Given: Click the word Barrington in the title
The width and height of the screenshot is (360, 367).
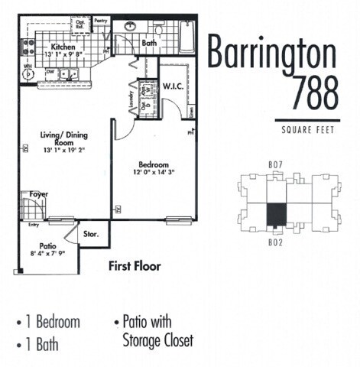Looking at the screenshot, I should point(273,55).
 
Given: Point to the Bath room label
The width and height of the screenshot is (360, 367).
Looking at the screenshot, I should point(149,44).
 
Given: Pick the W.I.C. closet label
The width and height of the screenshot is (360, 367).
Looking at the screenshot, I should point(171,88).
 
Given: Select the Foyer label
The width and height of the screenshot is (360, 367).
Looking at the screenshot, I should point(39,194).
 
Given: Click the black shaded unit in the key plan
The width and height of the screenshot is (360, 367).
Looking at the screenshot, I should point(276,213).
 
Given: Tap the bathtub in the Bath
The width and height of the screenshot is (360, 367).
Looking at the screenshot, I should point(186,36).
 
